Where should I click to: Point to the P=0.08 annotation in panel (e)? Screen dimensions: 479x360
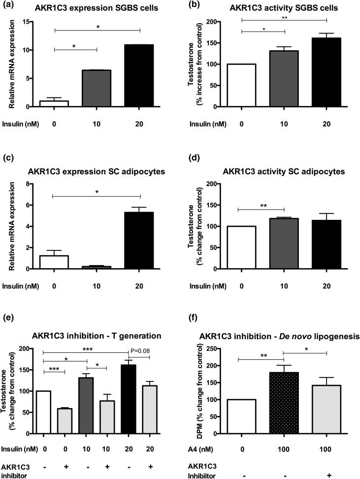[139, 350]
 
